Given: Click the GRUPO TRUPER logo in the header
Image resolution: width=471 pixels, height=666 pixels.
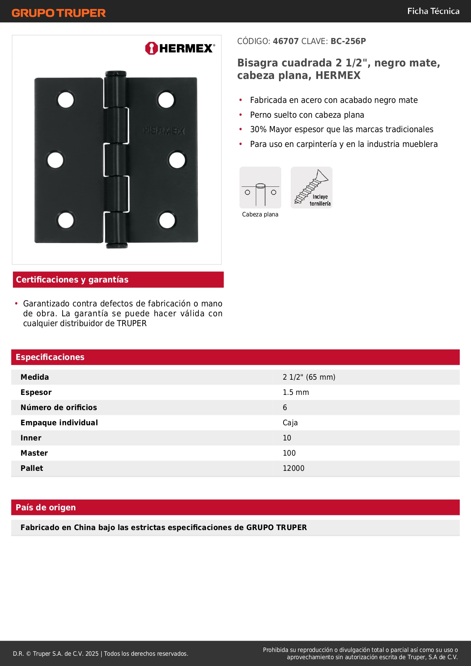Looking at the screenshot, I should pyautogui.click(x=58, y=13).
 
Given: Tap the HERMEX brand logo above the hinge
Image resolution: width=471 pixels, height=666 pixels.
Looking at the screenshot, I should pyautogui.click(x=180, y=48).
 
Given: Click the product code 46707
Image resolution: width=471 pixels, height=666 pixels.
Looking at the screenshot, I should pyautogui.click(x=286, y=41).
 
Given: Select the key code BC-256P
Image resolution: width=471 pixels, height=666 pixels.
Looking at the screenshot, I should pyautogui.click(x=348, y=41).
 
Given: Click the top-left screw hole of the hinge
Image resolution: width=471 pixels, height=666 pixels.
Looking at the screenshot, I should pyautogui.click(x=66, y=100).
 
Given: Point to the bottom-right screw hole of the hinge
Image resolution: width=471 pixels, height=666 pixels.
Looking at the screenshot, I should pyautogui.click(x=167, y=220).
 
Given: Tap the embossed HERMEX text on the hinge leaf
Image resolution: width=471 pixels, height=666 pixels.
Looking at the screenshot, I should pyautogui.click(x=164, y=131).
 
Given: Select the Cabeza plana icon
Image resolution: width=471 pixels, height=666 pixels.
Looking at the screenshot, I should pyautogui.click(x=260, y=188).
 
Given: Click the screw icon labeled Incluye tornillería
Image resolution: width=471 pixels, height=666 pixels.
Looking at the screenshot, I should pyautogui.click(x=312, y=188).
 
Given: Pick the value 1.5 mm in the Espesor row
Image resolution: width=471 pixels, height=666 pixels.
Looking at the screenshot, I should pyautogui.click(x=296, y=393).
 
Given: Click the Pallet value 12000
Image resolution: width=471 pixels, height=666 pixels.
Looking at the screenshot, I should pyautogui.click(x=293, y=469).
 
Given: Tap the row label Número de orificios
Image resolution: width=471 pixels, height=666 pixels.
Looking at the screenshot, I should pyautogui.click(x=59, y=408).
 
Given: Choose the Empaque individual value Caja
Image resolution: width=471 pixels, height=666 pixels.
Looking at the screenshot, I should pyautogui.click(x=290, y=423).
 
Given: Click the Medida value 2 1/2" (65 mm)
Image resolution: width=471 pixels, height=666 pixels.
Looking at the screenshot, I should pyautogui.click(x=309, y=377).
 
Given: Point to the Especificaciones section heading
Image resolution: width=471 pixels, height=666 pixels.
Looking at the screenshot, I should pyautogui.click(x=50, y=357).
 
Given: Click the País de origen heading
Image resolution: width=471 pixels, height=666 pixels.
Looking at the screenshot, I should pyautogui.click(x=46, y=508).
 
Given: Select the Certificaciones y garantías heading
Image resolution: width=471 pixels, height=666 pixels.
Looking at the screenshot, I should pyautogui.click(x=72, y=280).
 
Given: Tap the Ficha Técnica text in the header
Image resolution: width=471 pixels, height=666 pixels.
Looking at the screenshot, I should pyautogui.click(x=433, y=11).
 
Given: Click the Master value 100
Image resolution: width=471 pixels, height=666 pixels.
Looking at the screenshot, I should pyautogui.click(x=289, y=453).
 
